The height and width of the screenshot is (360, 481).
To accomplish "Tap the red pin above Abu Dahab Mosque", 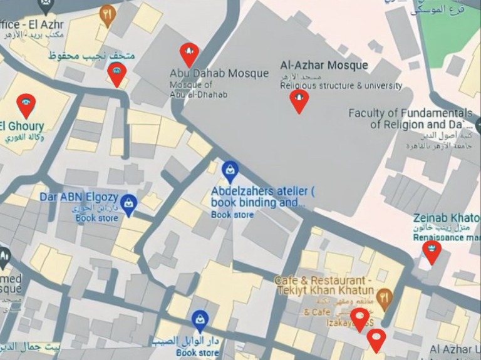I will pos(189,54).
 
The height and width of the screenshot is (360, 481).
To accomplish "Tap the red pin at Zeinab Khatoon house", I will pos(432,250).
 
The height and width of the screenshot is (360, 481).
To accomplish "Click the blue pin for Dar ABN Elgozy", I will pos(129,203).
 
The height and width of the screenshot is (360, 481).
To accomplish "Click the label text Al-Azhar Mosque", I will pos(324,65).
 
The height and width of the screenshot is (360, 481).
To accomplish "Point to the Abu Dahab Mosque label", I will pos(219,73).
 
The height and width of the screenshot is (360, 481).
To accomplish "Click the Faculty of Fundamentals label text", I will pos(410,113).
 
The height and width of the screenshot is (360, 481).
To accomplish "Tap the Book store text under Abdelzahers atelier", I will pos(232,215).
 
